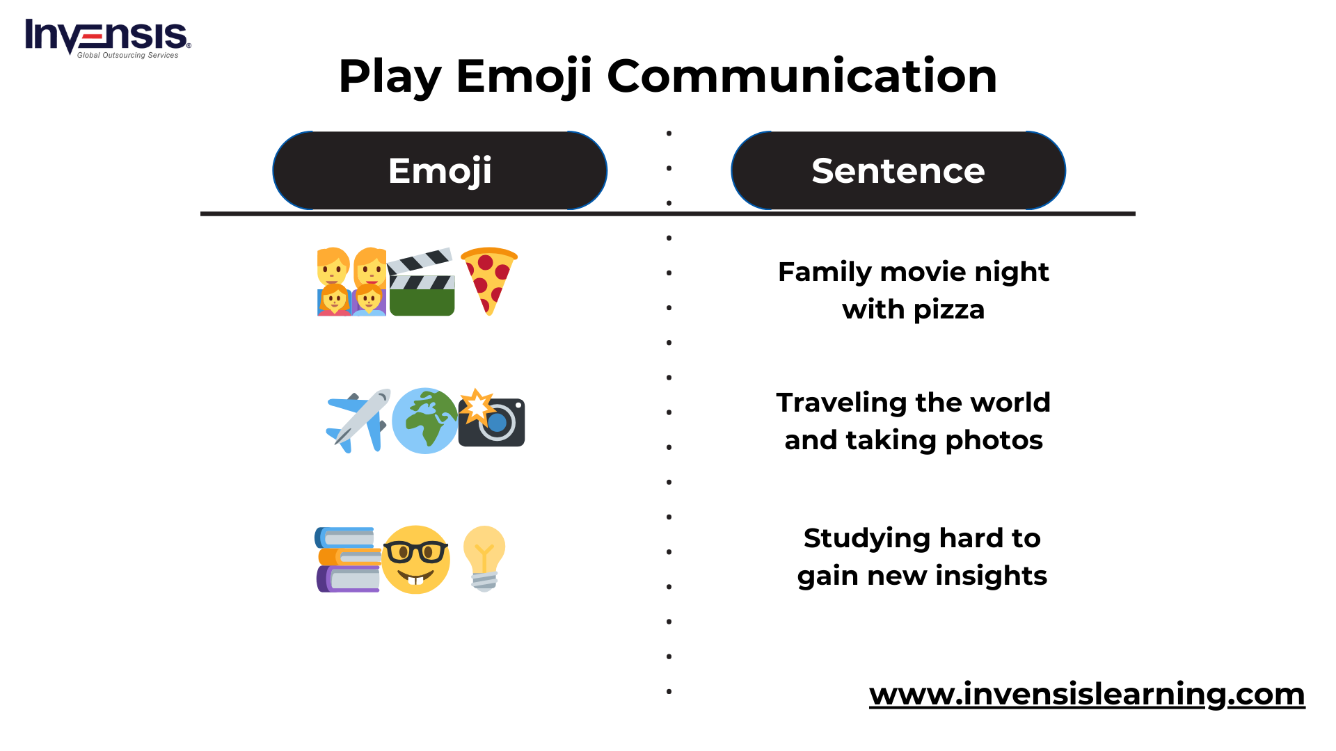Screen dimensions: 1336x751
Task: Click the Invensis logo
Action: click(108, 38)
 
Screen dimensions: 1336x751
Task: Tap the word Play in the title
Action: click(390, 77)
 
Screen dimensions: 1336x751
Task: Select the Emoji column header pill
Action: click(440, 170)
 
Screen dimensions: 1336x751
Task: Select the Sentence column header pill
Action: click(898, 170)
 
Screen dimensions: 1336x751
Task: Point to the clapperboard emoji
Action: click(421, 282)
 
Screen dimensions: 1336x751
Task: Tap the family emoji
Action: click(351, 282)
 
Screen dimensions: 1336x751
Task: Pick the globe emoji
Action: click(425, 421)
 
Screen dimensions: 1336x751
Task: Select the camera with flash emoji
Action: click(491, 418)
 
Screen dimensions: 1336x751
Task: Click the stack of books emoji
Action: click(348, 560)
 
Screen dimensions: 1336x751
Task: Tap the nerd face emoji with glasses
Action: click(415, 560)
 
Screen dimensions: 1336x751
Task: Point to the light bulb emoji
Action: click(484, 559)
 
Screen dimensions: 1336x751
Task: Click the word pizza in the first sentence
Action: click(949, 310)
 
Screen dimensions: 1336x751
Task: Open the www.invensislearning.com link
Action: click(1087, 694)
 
